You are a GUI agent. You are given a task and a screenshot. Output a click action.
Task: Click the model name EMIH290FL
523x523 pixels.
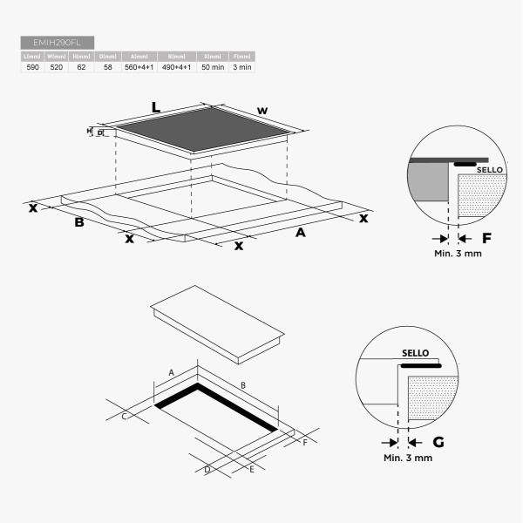click(57, 42)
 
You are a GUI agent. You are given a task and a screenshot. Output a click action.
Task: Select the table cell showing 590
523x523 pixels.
click(32, 66)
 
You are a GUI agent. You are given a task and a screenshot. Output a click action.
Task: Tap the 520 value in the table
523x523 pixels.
click(57, 66)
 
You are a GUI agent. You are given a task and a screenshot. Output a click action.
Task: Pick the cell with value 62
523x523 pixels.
click(81, 66)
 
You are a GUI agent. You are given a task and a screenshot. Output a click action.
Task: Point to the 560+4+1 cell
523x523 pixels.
click(139, 66)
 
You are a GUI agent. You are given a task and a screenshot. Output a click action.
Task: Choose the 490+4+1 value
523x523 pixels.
click(177, 66)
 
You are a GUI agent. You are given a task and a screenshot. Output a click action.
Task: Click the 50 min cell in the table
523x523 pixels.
click(213, 66)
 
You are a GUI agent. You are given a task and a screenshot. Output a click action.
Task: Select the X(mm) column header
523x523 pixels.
click(213, 56)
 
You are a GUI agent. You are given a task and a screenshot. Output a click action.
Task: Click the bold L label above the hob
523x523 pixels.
click(156, 107)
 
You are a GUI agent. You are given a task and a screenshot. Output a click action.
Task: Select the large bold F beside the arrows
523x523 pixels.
click(486, 237)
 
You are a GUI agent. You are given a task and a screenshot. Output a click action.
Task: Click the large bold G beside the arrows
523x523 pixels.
click(438, 442)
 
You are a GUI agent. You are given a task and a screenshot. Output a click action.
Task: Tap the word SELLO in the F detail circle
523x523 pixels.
click(490, 169)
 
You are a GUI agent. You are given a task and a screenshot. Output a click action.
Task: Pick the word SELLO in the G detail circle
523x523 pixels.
click(416, 353)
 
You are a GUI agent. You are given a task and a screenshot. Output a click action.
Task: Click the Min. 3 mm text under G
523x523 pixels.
click(408, 458)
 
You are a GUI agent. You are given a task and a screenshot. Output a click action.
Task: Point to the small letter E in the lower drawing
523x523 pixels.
click(251, 469)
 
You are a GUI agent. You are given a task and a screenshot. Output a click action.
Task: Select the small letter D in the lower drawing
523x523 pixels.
click(207, 470)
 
